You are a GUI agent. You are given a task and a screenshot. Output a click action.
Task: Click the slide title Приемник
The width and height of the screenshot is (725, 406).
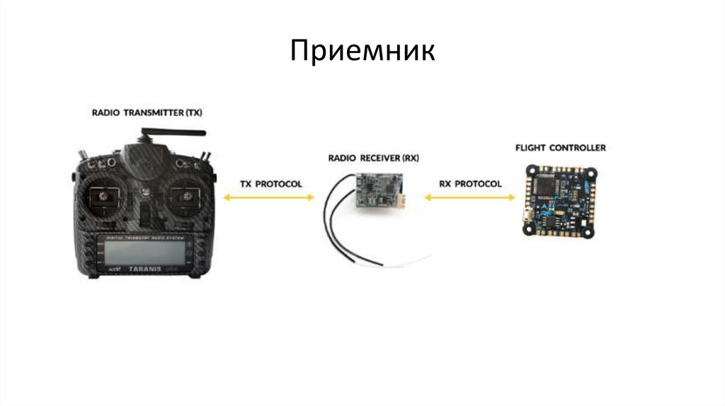pyautogui.click(x=362, y=52)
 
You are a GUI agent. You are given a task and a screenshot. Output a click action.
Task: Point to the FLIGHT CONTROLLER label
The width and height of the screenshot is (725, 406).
pyautogui.click(x=560, y=148)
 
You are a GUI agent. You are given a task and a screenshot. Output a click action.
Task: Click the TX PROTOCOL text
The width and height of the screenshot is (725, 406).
pyautogui.click(x=270, y=184)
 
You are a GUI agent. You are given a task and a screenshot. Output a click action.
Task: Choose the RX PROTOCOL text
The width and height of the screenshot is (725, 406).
pyautogui.click(x=469, y=184)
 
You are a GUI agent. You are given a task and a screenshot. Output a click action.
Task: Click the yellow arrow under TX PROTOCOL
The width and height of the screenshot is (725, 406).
pyautogui.click(x=268, y=199)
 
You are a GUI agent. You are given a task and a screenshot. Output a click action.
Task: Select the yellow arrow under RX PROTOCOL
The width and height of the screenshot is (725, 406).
pyautogui.click(x=470, y=199)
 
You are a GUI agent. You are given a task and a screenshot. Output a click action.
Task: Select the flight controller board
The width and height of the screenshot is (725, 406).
pyautogui.click(x=559, y=200)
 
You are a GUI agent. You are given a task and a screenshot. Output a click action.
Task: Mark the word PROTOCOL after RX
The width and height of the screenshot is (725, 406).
pyautogui.click(x=477, y=184)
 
